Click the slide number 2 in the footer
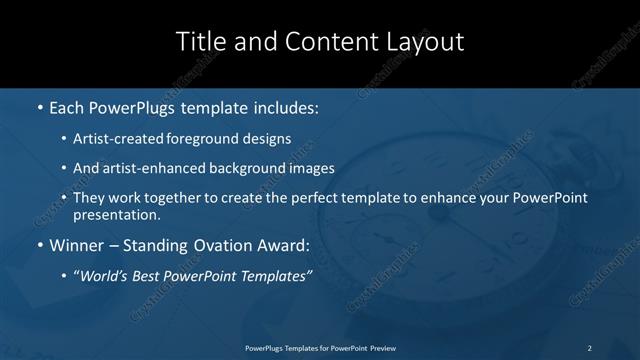coord(589,348)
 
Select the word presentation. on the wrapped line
coord(116,214)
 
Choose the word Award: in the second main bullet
coord(283,244)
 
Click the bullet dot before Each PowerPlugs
coord(39,106)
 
